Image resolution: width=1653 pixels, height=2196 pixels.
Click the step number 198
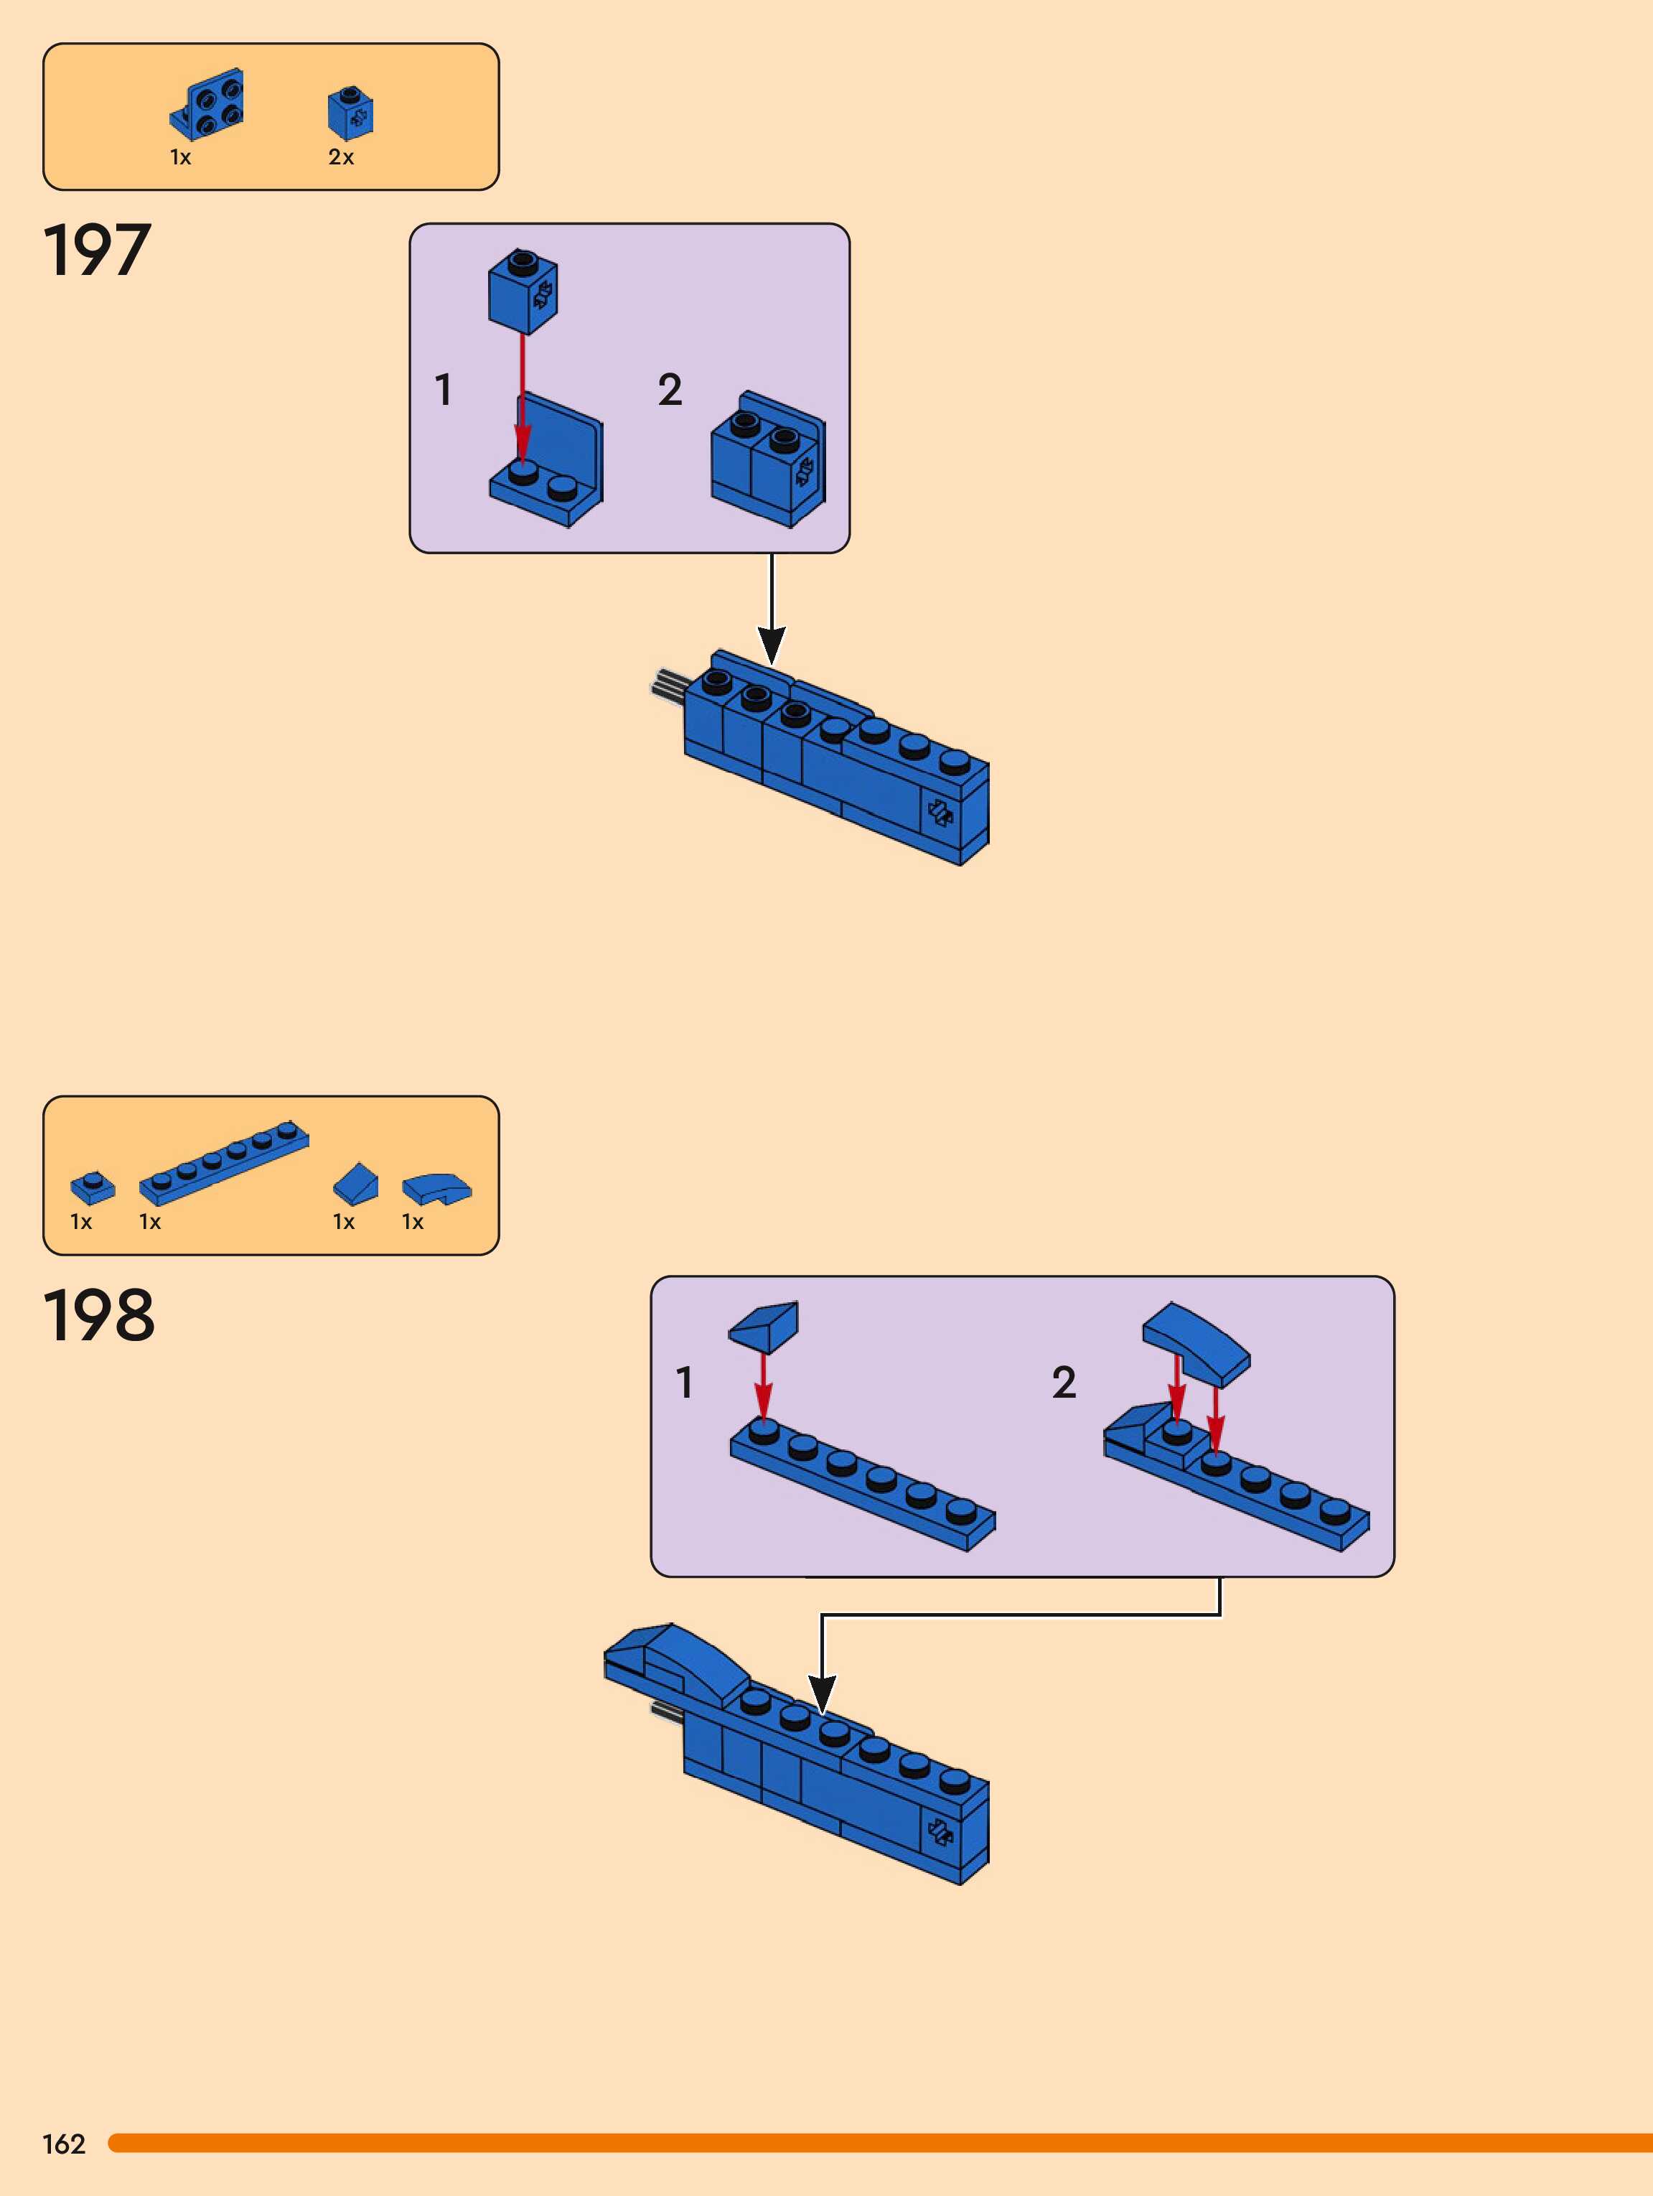pos(98,1315)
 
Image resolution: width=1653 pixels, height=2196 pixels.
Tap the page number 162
pos(64,2144)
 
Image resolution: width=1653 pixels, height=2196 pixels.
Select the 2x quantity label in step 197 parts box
pos(340,156)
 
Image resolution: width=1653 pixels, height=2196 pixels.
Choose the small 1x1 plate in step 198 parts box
pos(93,1187)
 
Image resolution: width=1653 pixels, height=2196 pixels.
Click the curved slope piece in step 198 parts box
pos(437,1188)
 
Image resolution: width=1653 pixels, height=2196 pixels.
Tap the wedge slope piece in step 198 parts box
pos(355,1182)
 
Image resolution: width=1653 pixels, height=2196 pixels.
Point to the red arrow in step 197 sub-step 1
pos(523,397)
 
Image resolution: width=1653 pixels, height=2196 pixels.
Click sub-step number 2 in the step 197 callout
pos(670,389)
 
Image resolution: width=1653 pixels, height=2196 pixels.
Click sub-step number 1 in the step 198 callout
pos(684,1382)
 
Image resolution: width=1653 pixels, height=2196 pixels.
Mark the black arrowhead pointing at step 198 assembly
pos(822,1693)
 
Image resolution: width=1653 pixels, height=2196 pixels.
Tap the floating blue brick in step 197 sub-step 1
pos(523,290)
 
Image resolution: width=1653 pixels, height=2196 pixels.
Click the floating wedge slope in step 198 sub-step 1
pos(764,1327)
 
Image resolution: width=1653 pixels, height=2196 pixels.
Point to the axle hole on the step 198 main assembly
pos(939,1830)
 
